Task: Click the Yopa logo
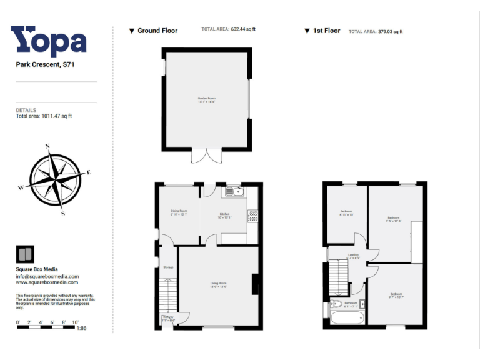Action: point(49,41)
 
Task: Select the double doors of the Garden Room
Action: point(206,156)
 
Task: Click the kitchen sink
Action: point(235,191)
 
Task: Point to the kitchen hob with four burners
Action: point(253,216)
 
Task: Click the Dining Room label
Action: point(179,212)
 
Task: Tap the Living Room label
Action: point(218,285)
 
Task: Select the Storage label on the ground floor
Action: point(167,267)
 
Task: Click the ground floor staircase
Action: point(167,297)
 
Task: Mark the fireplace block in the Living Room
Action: point(254,284)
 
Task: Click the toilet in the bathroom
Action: point(337,304)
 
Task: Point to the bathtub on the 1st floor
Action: point(346,318)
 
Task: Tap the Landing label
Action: point(353,256)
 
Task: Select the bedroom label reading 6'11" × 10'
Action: point(347,212)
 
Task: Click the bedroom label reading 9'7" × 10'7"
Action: point(396,295)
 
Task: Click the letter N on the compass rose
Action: point(48,147)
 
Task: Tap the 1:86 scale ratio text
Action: point(81,328)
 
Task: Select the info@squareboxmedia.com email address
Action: point(47,276)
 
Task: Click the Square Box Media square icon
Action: point(25,254)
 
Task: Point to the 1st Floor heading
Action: point(326,31)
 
